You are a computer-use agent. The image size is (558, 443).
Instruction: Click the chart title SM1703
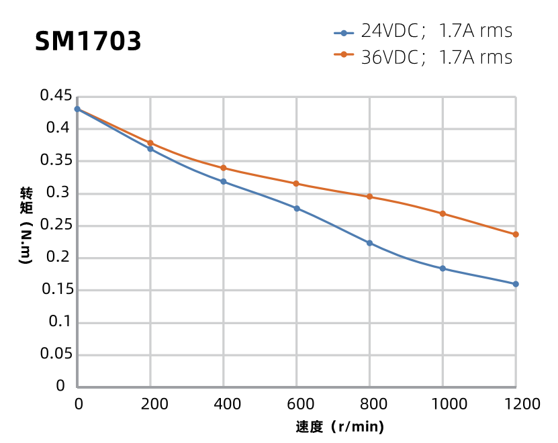point(88,42)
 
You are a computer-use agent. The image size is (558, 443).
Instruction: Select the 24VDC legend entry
point(423,32)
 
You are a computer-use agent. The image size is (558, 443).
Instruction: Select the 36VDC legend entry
point(423,57)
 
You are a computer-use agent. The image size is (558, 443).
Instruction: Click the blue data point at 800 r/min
point(369,243)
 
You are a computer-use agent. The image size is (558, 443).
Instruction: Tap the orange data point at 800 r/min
point(369,197)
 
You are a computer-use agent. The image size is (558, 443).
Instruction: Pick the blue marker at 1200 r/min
point(516,284)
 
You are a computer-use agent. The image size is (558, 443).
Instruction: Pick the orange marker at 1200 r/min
point(516,234)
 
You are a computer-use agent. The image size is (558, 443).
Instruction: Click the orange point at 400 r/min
point(224,168)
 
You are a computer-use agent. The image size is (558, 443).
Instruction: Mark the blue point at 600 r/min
point(297,208)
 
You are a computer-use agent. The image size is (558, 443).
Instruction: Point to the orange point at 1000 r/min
point(443,213)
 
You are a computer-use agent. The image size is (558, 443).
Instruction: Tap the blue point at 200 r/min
point(150,149)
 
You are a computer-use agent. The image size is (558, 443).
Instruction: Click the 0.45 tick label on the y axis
point(56,96)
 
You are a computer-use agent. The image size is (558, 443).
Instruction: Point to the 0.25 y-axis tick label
point(56,226)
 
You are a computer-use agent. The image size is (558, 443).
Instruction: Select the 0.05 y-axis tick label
point(56,354)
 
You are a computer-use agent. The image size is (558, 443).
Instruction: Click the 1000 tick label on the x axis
point(443,404)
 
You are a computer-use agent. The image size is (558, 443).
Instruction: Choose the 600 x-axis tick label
point(297,404)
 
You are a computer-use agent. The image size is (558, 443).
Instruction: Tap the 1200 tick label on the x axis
point(516,404)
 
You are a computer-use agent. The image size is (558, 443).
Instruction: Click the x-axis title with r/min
point(340,427)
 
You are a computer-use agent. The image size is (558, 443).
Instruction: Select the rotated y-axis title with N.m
point(26,226)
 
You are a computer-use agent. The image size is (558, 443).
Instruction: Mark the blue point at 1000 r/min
point(443,268)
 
